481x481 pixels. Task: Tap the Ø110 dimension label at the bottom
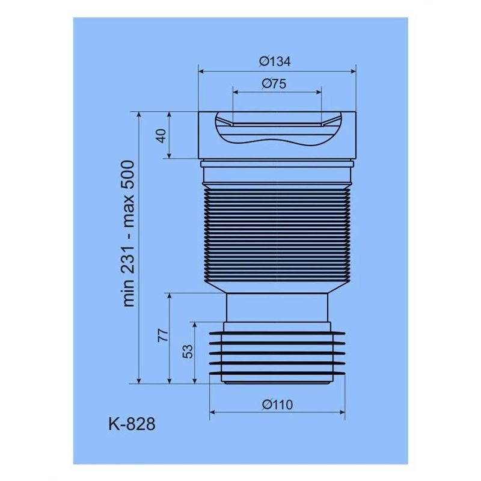pyautogui.click(x=277, y=405)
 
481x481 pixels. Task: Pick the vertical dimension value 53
pyautogui.click(x=187, y=351)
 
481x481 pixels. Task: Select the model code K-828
pyautogui.click(x=132, y=424)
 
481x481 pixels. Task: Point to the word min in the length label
pyautogui.click(x=129, y=294)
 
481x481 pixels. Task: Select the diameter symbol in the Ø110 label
pyautogui.click(x=266, y=405)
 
